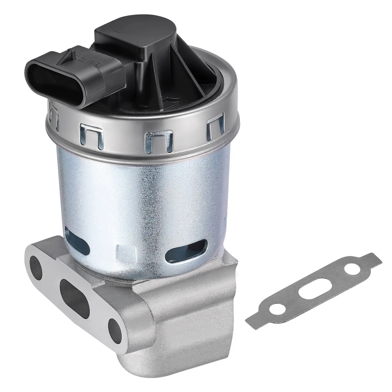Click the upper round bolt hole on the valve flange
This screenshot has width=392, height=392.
click(36, 267)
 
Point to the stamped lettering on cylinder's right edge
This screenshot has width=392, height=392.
click(226, 212)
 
